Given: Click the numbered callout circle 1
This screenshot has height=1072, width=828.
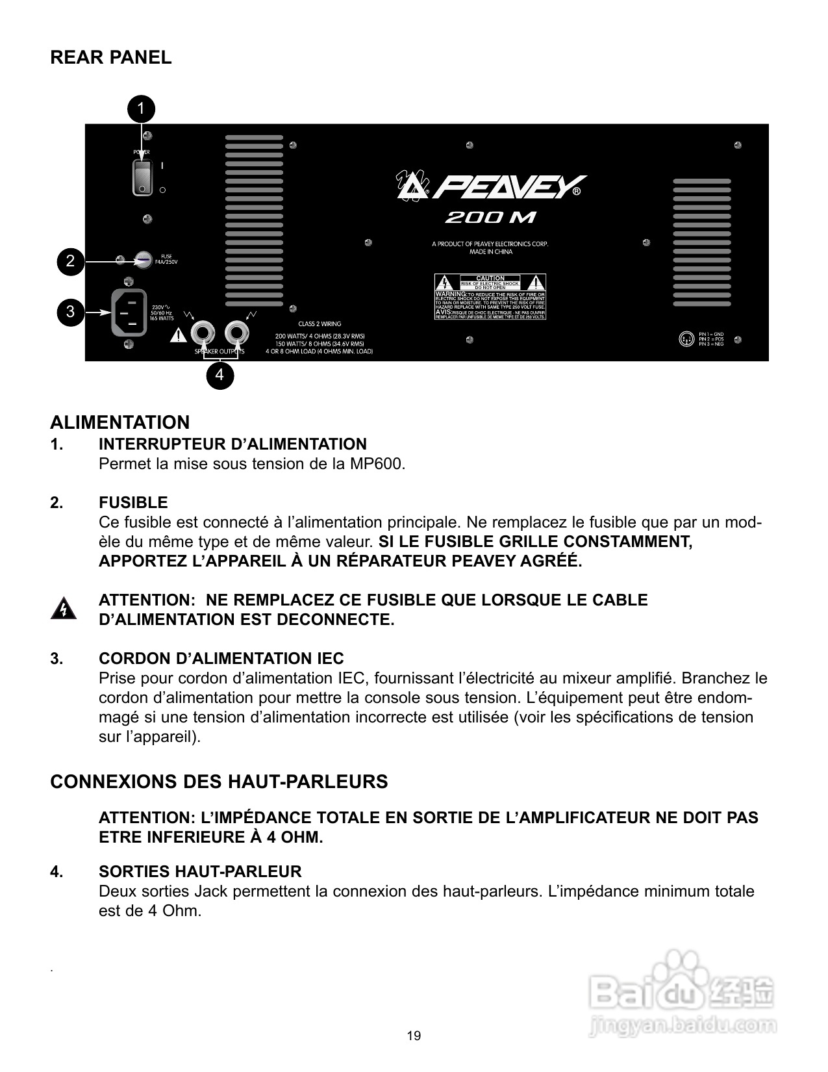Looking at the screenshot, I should tap(142, 108).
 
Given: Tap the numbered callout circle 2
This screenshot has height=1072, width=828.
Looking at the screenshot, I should tap(70, 262).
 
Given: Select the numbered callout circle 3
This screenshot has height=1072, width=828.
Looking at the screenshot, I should tap(70, 311).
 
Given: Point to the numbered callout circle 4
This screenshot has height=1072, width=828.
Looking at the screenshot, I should tap(220, 375).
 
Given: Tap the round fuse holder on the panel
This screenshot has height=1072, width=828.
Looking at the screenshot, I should tap(143, 261).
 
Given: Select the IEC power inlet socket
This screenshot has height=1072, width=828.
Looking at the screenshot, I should tap(130, 313).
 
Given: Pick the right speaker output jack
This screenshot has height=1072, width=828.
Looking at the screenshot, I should tap(236, 334).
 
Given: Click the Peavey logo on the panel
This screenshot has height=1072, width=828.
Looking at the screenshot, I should tap(492, 187).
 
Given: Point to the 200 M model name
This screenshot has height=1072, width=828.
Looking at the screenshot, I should tap(490, 218).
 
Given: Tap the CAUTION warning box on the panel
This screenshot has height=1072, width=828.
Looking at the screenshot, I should tap(490, 297).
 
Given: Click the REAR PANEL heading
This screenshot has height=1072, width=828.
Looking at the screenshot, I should tap(111, 58).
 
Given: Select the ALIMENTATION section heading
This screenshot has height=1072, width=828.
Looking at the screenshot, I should tap(120, 423).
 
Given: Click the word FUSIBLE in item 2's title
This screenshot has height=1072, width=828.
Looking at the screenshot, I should tap(133, 503).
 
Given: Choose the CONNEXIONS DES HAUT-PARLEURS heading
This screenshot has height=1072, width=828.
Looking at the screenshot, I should tap(219, 782).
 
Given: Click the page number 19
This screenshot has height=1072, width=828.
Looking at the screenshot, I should tap(414, 1036).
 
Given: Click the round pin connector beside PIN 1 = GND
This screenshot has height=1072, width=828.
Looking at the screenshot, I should tap(686, 338).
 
